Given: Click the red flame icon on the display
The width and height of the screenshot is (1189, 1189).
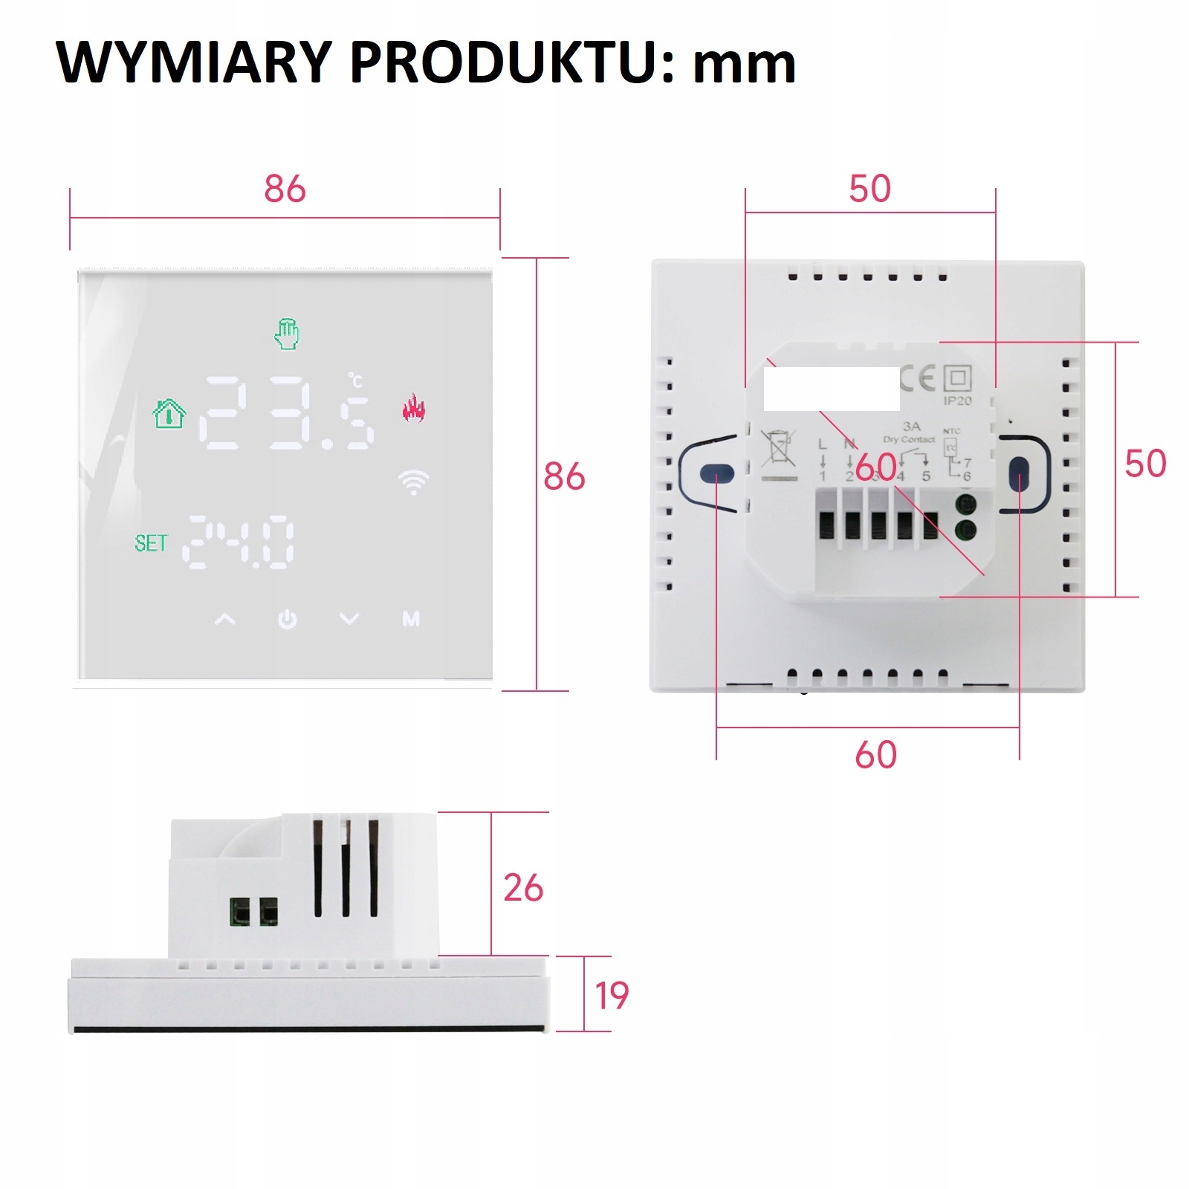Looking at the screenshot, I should pos(413,407).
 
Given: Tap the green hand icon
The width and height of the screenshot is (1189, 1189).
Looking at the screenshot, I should pos(287,334).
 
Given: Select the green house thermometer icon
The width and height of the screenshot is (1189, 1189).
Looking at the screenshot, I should pos(169,413).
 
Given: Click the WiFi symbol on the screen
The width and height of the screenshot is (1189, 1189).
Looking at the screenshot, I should pos(413,482).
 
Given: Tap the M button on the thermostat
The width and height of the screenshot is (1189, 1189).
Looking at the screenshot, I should pos(411,618).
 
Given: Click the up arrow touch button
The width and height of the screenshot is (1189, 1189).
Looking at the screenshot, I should pos(225,619).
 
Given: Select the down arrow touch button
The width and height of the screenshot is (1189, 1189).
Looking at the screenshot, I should pos(349,619).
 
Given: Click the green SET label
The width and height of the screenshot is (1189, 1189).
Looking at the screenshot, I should pos(151,543).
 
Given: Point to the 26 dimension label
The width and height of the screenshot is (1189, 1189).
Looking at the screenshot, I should pos(523,888).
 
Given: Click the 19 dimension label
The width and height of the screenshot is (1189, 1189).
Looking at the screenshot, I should pos(612,996).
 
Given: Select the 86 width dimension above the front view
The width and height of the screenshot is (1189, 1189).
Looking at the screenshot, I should pos(285,189).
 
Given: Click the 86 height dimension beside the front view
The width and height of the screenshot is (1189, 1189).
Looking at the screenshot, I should pos(564,476).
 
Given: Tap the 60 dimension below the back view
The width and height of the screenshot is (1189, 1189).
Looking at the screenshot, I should pos(875,755).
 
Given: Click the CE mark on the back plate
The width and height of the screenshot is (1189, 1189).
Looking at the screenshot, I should pos(917,379).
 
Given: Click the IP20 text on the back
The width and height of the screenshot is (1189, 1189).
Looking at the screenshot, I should pos(957,401).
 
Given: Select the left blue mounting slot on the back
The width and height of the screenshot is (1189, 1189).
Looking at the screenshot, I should pos(717,473).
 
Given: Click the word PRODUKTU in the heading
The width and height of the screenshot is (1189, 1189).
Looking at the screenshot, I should pos(512,62).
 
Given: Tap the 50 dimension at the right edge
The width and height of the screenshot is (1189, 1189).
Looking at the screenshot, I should pos(1144,464).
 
